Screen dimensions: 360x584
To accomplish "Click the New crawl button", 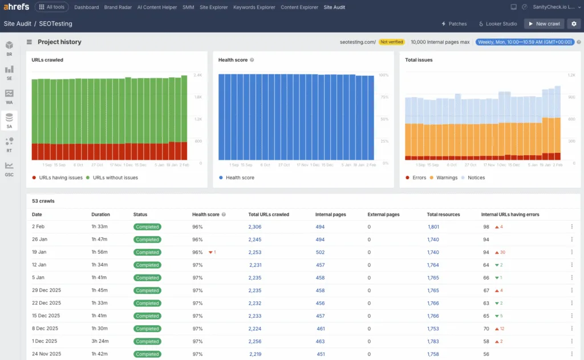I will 545,24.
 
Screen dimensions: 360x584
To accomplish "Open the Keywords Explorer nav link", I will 254,7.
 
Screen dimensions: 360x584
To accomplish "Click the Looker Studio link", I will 498,24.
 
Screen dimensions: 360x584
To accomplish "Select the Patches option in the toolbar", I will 454,24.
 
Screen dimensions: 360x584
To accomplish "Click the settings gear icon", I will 574,24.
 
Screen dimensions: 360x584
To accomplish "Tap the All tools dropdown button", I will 52,7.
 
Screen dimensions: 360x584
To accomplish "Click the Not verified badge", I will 392,42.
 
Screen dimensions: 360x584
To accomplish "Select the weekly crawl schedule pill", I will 525,42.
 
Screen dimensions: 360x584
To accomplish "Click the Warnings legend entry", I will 444,177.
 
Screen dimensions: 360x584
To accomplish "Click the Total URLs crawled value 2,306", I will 255,226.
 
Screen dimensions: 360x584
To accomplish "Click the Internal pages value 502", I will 320,252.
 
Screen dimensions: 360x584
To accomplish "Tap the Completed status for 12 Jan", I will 147,265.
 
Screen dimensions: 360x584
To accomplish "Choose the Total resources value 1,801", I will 433,226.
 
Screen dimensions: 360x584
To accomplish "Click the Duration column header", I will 100,215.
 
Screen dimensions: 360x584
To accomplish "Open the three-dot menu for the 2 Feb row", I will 571,226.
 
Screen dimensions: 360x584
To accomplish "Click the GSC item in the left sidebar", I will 9,168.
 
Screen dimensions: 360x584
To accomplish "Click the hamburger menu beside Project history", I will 29,42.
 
